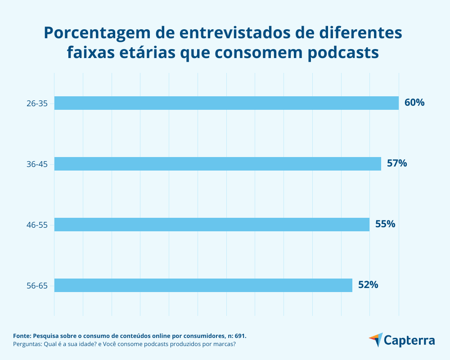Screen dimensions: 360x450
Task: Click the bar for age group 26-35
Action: [x=226, y=103]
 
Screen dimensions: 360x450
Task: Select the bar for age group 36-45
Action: [x=218, y=164]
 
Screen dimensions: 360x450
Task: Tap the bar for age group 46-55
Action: [x=212, y=225]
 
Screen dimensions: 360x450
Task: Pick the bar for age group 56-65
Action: [x=203, y=285]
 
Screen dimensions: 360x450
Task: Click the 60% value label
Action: [x=414, y=103]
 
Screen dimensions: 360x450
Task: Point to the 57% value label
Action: [x=397, y=163]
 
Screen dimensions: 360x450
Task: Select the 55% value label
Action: [x=385, y=224]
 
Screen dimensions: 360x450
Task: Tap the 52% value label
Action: [x=368, y=285]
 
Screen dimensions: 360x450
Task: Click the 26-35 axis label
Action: [x=37, y=103]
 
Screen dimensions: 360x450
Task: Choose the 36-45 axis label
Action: [x=37, y=164]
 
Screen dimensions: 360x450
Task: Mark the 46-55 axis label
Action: [x=37, y=225]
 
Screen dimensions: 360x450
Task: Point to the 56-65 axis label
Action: [x=37, y=286]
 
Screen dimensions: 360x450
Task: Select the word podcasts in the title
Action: [x=344, y=53]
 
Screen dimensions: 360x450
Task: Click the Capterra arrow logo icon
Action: [x=376, y=340]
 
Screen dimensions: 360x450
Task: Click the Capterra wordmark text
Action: [x=410, y=340]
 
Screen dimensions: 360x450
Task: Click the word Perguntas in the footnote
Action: [x=27, y=344]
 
